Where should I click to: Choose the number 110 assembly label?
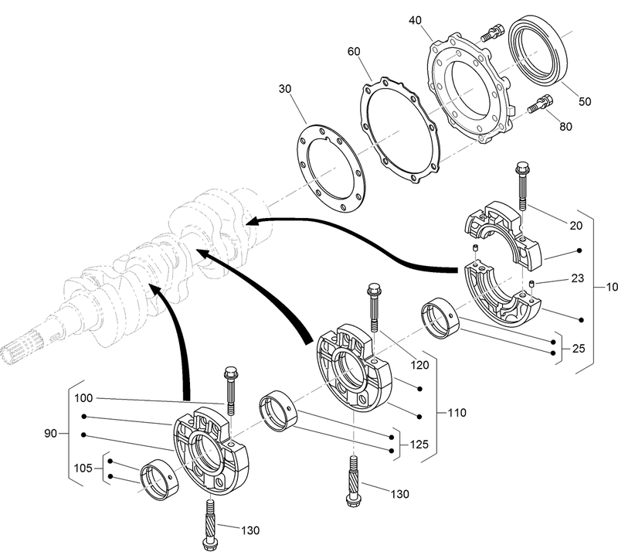457,413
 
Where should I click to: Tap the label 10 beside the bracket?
611,287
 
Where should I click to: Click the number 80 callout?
565,126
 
